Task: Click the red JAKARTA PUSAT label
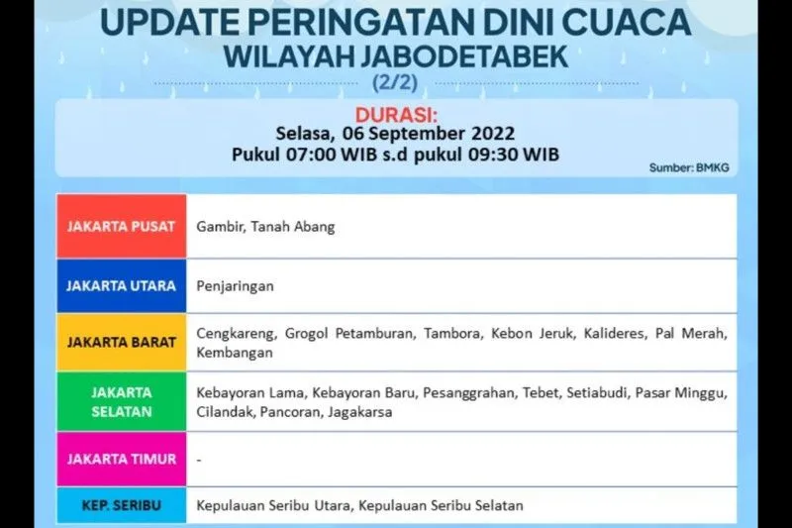click(121, 226)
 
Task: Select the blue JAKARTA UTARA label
click(121, 285)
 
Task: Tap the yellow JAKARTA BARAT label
click(121, 342)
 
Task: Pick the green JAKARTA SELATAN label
click(121, 401)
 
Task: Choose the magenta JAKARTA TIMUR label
click(121, 459)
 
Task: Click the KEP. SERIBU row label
click(121, 505)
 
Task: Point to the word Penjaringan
click(235, 285)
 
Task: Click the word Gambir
click(217, 227)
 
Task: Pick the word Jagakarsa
click(358, 412)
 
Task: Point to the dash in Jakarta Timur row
click(199, 459)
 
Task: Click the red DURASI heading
click(395, 112)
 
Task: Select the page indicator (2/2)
click(396, 81)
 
